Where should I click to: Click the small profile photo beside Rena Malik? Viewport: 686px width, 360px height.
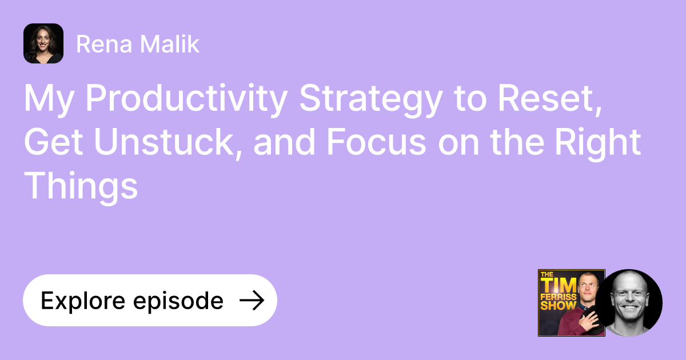pos(43,43)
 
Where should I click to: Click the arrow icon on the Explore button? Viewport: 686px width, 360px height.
pos(251,301)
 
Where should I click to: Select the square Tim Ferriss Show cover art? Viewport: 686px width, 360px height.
pos(571,303)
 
